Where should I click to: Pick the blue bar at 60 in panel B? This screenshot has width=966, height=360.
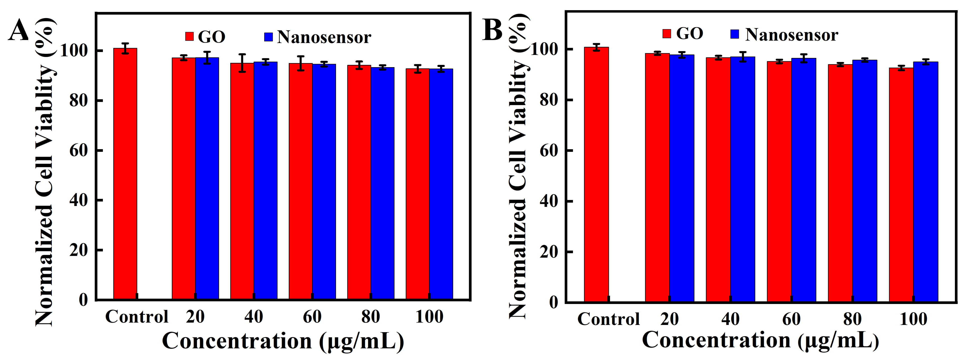point(804,180)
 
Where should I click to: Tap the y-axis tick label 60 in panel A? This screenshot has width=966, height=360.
point(79,150)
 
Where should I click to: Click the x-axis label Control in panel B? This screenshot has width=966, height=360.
point(608,319)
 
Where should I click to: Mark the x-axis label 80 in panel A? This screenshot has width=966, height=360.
point(370,317)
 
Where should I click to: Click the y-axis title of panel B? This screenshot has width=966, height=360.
point(519,165)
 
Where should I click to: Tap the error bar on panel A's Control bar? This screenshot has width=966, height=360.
point(125,48)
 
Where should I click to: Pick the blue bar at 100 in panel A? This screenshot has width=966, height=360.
point(441,184)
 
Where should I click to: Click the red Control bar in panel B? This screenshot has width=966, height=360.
point(596,174)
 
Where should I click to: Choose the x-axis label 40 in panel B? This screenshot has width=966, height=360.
point(730,319)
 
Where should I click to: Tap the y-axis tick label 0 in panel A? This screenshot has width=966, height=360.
point(83,300)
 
